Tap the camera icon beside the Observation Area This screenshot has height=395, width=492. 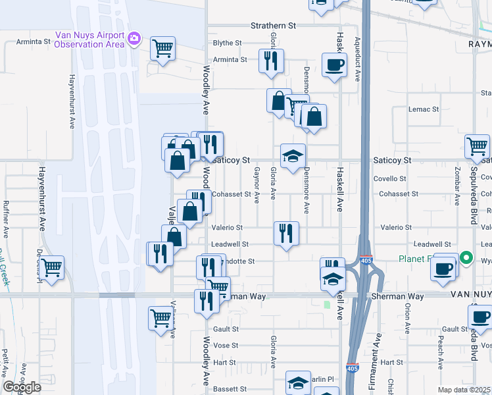coord(134,38)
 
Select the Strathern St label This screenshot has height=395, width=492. coord(273,26)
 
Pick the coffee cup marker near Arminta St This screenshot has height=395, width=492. coord(334,65)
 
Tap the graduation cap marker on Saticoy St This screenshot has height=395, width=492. coord(293,156)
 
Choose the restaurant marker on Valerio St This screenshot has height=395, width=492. coord(286,233)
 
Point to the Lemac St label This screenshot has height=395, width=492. coord(423,109)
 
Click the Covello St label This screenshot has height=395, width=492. coord(393,179)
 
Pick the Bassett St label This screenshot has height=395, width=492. coord(230,389)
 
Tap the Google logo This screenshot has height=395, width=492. coord(22,388)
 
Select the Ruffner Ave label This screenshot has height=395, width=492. coord(6,219)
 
